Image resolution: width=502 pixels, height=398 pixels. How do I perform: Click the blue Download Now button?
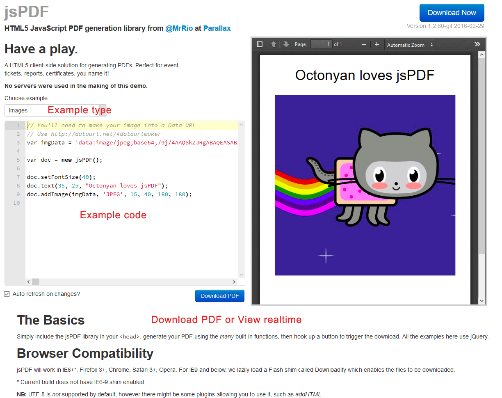(x=452, y=13)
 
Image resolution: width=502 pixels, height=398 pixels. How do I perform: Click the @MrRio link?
(x=179, y=28)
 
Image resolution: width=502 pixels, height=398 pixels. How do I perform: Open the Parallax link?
(x=217, y=28)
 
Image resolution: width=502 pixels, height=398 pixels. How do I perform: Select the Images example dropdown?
(x=55, y=110)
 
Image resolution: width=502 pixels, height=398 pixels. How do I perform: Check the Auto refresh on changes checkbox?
(x=7, y=294)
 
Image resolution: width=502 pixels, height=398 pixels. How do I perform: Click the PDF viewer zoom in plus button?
(x=377, y=44)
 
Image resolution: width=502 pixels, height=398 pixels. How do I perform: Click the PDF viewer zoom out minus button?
(x=364, y=44)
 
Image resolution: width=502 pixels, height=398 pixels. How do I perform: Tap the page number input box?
(x=321, y=44)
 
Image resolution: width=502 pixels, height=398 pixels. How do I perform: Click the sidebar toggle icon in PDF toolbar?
(x=260, y=44)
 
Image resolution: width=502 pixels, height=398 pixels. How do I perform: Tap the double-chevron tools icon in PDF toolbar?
(x=477, y=44)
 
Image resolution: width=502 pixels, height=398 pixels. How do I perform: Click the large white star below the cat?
(x=326, y=255)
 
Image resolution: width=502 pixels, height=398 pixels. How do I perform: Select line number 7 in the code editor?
(x=18, y=177)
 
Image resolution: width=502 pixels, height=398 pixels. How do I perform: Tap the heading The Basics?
(x=51, y=320)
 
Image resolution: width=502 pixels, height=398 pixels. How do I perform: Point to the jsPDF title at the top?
(x=27, y=12)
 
